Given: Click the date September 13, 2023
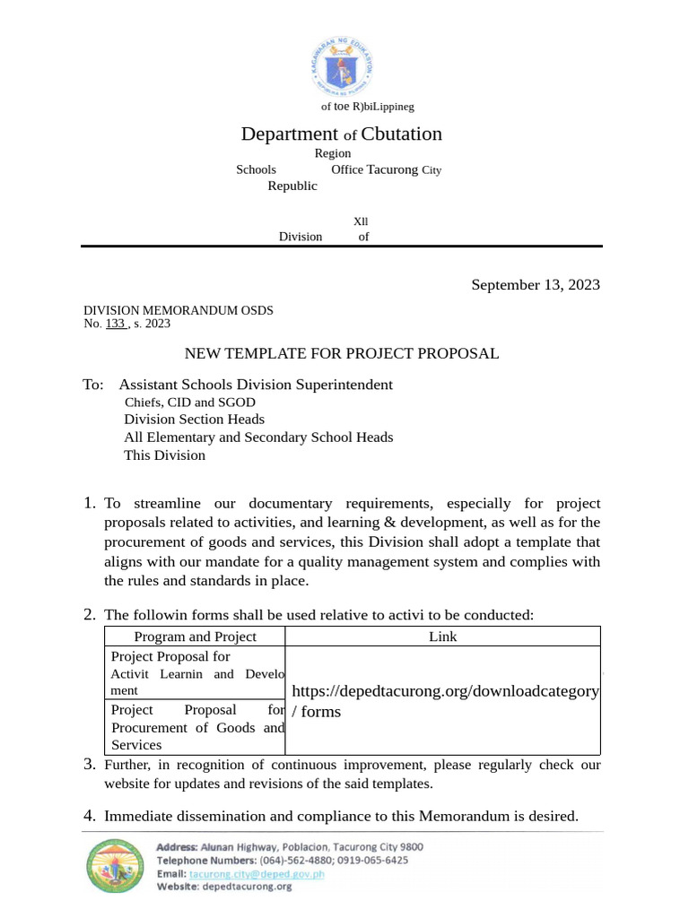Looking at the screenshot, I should click(536, 285).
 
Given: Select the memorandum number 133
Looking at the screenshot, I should click(116, 324).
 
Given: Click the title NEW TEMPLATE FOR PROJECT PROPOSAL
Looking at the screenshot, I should click(341, 353).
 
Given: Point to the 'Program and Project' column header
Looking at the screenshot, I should click(195, 637).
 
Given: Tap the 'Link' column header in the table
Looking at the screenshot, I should click(442, 637).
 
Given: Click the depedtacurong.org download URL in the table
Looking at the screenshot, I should click(445, 691).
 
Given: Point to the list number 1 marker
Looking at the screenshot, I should click(89, 503).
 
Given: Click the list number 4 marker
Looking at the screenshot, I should click(89, 816).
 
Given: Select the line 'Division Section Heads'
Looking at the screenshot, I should click(194, 420).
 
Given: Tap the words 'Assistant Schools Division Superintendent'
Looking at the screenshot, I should click(256, 385).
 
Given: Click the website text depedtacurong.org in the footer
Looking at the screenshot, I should click(247, 887).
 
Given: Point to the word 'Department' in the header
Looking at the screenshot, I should click(289, 134).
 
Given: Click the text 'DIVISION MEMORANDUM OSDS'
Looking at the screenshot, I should click(179, 310).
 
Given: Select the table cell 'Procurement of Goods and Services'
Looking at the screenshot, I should click(197, 728).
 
